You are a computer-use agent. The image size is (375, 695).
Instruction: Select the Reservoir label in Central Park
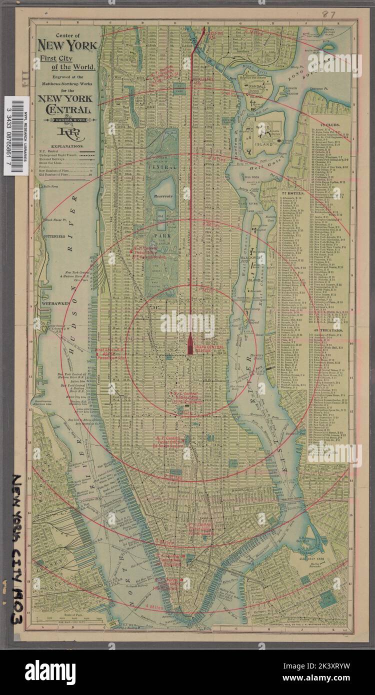164,195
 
